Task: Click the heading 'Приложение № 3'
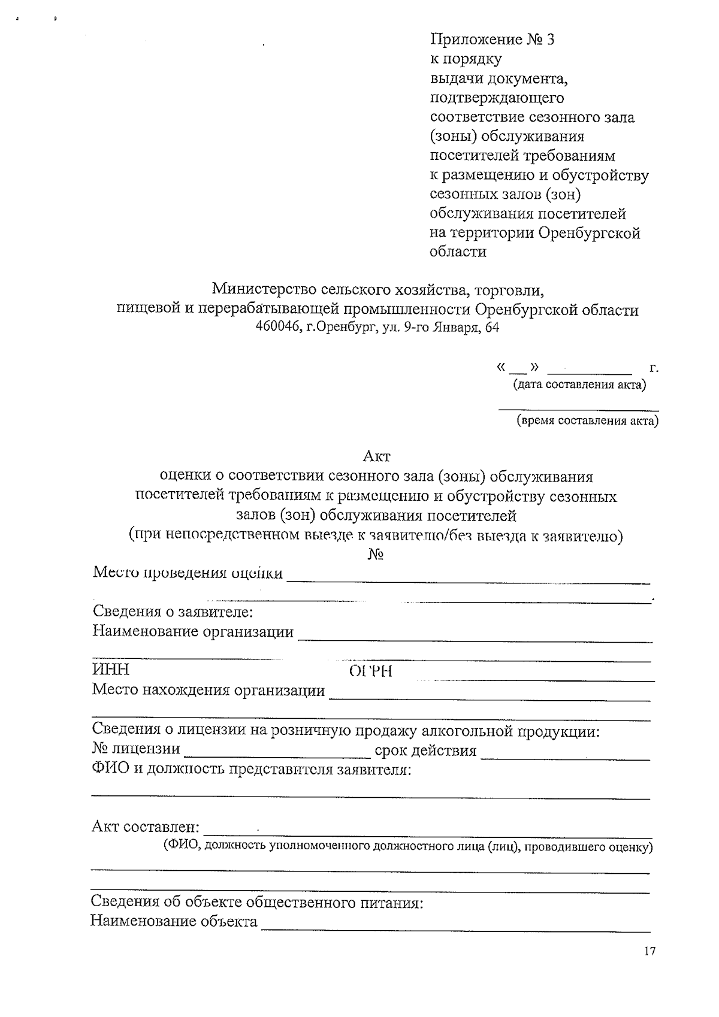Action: coord(492,40)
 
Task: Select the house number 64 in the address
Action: coord(492,328)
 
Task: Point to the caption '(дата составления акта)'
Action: coord(578,385)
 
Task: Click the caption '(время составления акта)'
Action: coord(587,421)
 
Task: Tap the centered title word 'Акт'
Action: coord(376,456)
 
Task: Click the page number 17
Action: coord(649,952)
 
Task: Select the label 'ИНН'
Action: coord(110,670)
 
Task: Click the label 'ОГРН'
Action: coord(370,671)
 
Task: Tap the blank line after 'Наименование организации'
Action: coord(475,640)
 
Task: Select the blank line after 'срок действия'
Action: coord(565,757)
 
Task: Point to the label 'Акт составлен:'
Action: coord(145,827)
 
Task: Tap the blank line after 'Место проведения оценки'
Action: coord(469,580)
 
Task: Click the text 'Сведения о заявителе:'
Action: coord(173,612)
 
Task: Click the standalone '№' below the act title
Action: coord(376,554)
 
